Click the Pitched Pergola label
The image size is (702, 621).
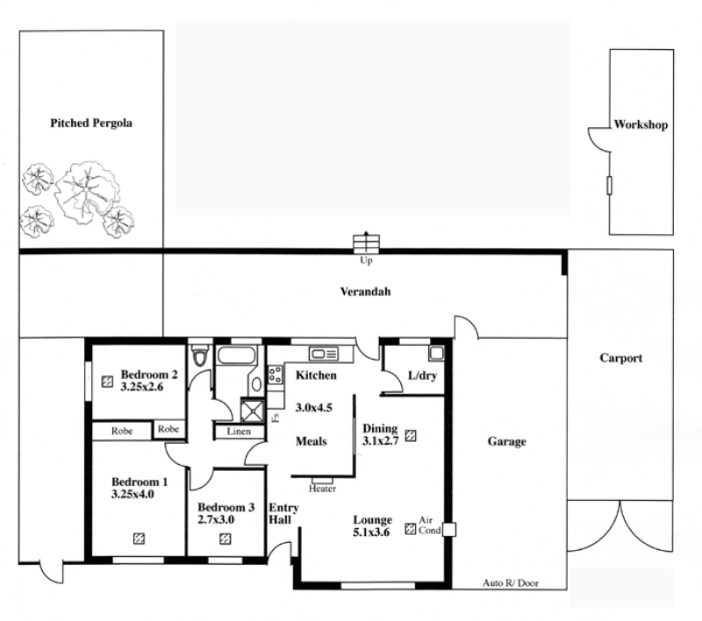[91, 123]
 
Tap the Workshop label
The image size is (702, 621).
[641, 125]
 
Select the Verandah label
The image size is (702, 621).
[365, 292]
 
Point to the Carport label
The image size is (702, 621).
[621, 358]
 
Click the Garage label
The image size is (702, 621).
[507, 441]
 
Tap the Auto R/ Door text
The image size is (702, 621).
[511, 583]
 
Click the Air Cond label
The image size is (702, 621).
[429, 525]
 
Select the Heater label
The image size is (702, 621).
[322, 489]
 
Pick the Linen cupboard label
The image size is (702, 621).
[239, 432]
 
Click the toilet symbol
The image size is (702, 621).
[199, 356]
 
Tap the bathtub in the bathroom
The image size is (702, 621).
[237, 355]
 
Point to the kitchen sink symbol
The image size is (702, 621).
[324, 354]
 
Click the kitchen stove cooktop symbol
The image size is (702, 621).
[276, 375]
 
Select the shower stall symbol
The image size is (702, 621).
[253, 410]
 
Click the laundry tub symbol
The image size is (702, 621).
[436, 353]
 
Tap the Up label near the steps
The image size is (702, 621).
[366, 261]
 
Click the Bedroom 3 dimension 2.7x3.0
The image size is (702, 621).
[216, 520]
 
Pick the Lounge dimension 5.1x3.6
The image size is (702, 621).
[371, 532]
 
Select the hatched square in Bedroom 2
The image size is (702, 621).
[107, 382]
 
